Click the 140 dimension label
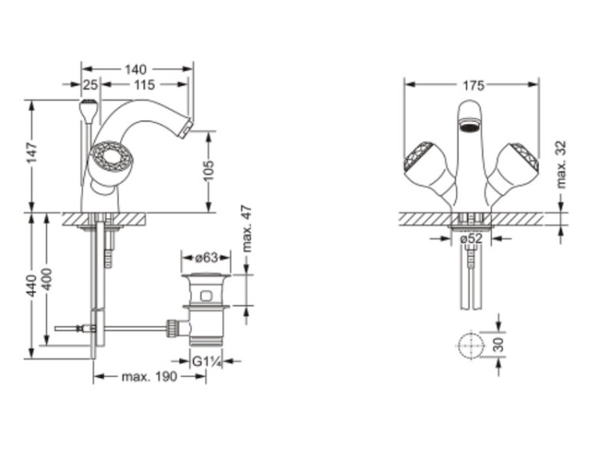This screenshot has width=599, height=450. (136, 70)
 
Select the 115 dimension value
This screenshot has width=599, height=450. (145, 85)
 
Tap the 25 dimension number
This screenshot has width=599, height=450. (90, 85)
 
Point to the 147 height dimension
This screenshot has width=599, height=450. (32, 152)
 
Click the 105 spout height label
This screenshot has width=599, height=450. (208, 170)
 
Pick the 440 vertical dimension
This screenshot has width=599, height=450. (32, 285)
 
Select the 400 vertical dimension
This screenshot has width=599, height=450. (46, 280)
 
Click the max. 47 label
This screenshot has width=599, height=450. (247, 229)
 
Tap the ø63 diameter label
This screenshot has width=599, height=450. (206, 257)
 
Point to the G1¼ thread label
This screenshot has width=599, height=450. (207, 361)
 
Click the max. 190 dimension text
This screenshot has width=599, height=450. (149, 377)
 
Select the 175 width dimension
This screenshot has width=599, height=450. (474, 86)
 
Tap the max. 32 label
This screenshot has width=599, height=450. (561, 165)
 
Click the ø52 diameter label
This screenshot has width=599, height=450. (471, 239)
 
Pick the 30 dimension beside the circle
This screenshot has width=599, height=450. (499, 344)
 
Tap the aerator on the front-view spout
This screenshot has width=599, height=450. (470, 125)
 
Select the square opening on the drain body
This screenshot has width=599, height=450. (206, 296)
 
